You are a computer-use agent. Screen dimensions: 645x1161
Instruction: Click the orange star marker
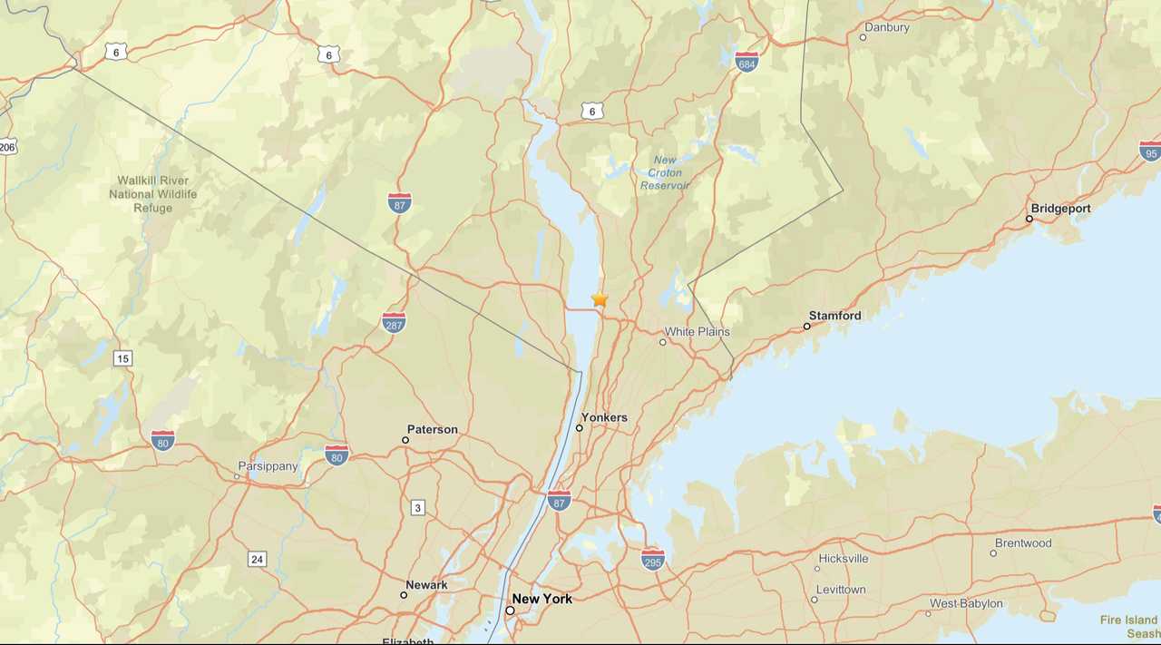click(x=600, y=298)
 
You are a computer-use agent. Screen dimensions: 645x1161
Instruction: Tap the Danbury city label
click(x=886, y=27)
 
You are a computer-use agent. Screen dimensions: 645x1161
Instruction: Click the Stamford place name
click(x=834, y=316)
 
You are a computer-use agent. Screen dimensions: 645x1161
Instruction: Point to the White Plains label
click(x=697, y=332)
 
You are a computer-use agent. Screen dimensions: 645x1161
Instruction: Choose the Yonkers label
click(x=604, y=417)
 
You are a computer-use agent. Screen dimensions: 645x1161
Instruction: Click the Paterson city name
click(x=432, y=430)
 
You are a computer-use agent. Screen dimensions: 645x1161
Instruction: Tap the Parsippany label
click(x=268, y=466)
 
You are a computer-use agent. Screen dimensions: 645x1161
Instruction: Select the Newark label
click(x=426, y=585)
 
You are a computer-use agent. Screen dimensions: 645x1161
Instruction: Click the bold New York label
click(x=541, y=599)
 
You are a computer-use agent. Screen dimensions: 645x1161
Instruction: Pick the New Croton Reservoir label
click(x=665, y=172)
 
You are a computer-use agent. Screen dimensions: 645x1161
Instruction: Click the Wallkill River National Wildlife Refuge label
click(x=152, y=194)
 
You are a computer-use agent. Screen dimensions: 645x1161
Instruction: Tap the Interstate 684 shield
click(x=746, y=61)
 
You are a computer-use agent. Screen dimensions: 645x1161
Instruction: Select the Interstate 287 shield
click(x=394, y=322)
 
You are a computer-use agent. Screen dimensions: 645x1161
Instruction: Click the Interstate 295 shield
click(x=652, y=559)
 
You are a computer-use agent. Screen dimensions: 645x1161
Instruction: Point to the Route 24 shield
click(x=258, y=559)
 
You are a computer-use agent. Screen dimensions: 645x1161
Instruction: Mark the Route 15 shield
click(x=122, y=358)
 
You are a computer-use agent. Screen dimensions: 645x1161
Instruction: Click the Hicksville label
click(x=843, y=559)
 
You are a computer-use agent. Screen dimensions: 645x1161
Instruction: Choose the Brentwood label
click(x=1023, y=543)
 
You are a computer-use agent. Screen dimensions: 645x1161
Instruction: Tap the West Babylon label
click(x=966, y=603)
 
